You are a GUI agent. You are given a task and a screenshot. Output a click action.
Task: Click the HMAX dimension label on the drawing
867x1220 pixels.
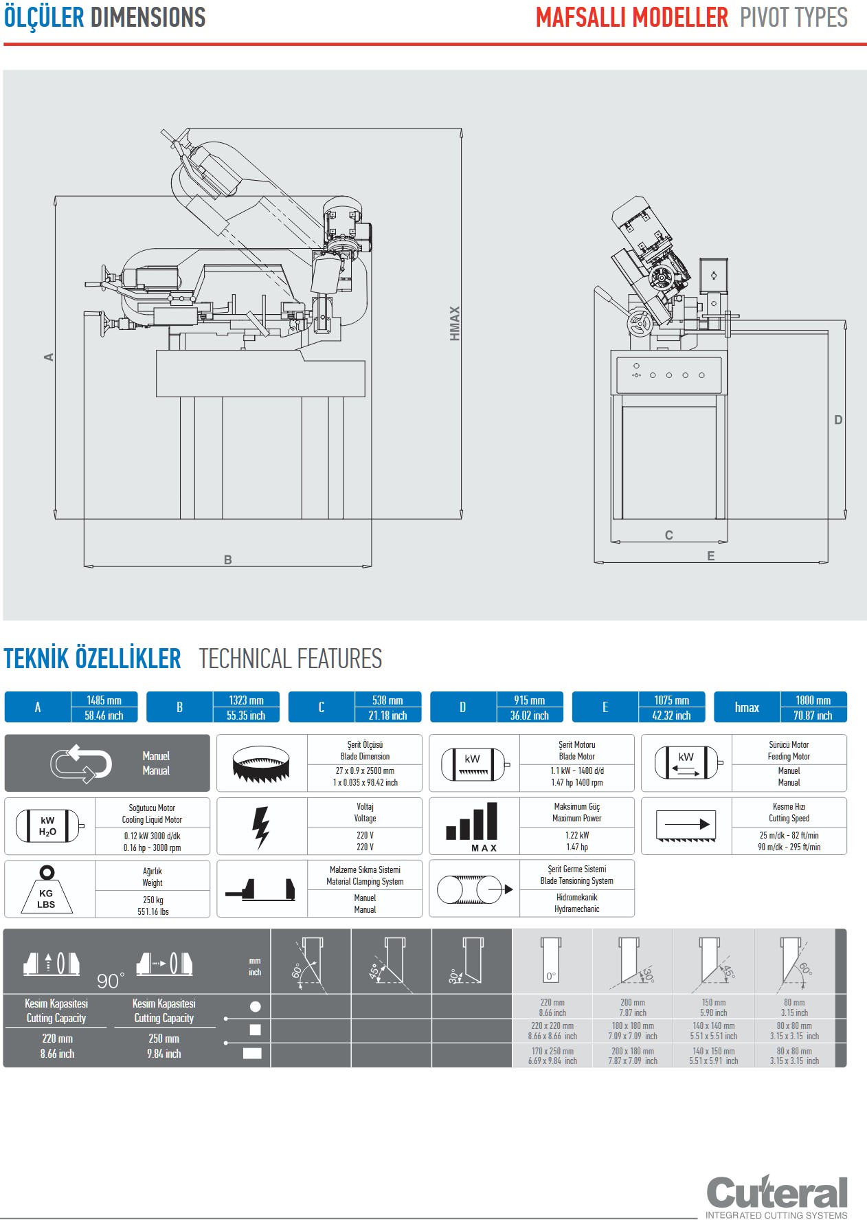454,323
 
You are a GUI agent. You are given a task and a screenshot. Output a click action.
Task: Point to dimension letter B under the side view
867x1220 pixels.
228,560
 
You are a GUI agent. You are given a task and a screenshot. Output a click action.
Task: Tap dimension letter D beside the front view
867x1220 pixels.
838,420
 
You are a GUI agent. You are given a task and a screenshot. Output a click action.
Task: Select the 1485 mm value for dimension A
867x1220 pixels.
104,700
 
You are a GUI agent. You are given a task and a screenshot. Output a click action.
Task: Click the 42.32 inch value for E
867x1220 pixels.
671,716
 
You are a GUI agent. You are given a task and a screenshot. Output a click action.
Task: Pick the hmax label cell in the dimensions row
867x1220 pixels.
747,707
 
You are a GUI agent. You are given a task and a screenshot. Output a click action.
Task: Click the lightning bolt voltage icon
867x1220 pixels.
261,827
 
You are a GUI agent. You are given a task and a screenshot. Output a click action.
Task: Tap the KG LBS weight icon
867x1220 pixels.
46,891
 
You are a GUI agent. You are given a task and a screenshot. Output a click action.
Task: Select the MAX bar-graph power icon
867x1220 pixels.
473,827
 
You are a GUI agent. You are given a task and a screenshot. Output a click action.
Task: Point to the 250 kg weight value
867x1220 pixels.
153,900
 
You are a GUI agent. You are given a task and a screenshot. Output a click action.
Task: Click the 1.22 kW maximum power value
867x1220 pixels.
577,835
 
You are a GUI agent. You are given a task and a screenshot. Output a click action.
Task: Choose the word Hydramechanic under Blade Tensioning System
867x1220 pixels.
577,909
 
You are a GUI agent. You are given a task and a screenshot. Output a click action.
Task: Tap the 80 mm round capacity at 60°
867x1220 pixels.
794,1003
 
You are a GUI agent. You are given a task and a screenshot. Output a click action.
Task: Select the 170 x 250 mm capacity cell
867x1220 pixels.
552,1051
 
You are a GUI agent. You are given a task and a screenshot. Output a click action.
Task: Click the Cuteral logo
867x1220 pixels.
776,1194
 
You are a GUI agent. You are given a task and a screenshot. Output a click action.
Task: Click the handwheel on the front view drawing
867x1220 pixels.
640,322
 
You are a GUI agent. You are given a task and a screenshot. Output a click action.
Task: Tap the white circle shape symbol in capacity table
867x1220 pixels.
256,1006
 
